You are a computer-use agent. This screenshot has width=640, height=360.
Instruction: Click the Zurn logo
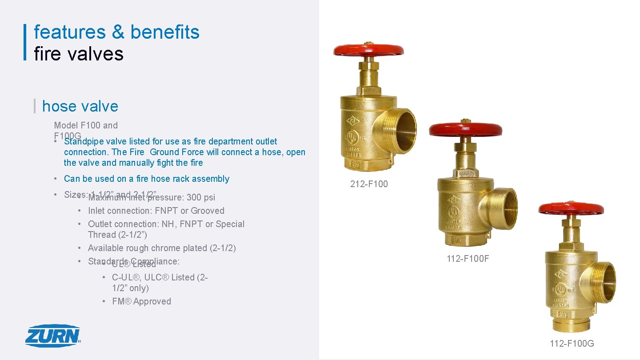pos(52,336)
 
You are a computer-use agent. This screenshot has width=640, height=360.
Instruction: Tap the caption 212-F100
pos(369,184)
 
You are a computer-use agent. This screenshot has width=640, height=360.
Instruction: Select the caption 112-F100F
pos(468,259)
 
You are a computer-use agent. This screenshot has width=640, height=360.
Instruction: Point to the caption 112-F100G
pos(572,343)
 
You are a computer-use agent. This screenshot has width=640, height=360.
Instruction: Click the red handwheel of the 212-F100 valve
pos(368,50)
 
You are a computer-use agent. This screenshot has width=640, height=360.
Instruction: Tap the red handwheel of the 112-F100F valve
pos(465,129)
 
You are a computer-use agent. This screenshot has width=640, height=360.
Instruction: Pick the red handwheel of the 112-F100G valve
pos(571,208)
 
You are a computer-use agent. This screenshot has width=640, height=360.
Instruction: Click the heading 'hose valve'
pos(80,106)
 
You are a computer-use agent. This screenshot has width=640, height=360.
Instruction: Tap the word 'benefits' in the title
pos(165,32)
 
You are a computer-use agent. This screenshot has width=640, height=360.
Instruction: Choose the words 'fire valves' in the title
pos(79,54)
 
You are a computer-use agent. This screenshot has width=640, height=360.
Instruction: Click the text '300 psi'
pos(201,197)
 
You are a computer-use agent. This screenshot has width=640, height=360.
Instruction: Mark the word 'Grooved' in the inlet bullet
pos(208,211)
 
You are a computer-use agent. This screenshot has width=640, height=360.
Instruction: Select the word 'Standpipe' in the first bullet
pos(84,141)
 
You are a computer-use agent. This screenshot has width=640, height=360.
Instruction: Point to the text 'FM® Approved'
pos(141,301)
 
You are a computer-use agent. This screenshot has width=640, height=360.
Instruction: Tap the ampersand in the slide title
pos(118,32)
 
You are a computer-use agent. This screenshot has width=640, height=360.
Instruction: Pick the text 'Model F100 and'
pos(86,125)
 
